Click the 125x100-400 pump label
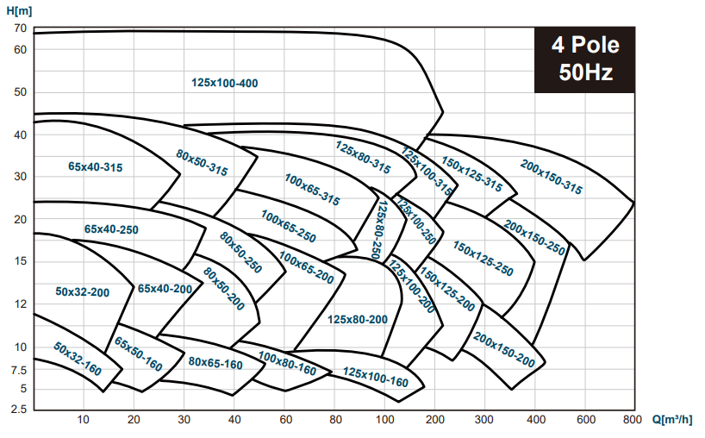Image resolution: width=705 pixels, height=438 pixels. [x=224, y=83]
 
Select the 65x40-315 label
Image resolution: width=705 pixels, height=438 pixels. [x=96, y=166]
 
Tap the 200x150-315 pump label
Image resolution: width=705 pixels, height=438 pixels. [x=552, y=177]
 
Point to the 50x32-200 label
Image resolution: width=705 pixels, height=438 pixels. [x=82, y=291]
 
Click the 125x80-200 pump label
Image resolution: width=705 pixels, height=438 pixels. [x=358, y=319]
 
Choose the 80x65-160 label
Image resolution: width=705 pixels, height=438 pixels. [x=215, y=363]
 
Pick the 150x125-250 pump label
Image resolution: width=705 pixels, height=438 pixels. [x=483, y=259]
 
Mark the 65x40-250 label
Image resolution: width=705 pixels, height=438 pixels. [x=111, y=229]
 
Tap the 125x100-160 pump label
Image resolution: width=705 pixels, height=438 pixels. [x=376, y=377]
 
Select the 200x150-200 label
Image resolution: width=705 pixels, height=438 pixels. [x=504, y=350]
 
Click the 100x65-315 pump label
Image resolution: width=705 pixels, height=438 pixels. [x=312, y=190]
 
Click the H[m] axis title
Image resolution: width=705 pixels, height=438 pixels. [x=19, y=10]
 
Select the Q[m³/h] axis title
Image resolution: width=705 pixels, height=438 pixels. [x=672, y=420]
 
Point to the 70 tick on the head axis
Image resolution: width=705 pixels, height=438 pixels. [x=21, y=28]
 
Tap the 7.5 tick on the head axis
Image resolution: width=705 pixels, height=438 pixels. [x=18, y=371]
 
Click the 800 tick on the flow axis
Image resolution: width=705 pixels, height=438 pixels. [x=633, y=420]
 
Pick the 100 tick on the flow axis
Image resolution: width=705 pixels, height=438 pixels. [x=385, y=420]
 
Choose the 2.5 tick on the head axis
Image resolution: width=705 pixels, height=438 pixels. [x=18, y=410]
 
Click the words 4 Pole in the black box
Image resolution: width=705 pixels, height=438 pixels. [x=585, y=45]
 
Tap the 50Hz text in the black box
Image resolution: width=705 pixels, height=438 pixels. [x=585, y=72]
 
